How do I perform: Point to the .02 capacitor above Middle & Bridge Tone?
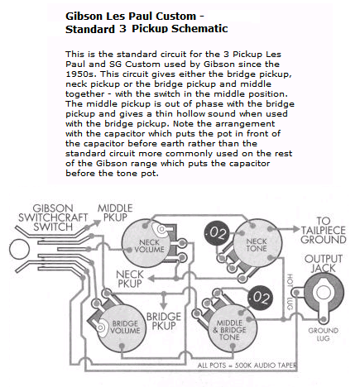[x=260, y=295]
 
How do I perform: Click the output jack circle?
[x=322, y=292]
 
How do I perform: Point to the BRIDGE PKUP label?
[x=164, y=321]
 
